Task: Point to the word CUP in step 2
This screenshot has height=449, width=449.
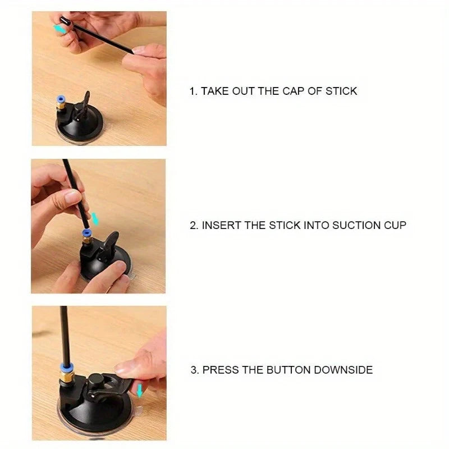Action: tap(395, 226)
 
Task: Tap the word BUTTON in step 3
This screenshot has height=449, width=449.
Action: tap(288, 370)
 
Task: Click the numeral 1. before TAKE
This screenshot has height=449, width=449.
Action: tap(193, 91)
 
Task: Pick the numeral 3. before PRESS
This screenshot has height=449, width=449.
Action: tap(194, 370)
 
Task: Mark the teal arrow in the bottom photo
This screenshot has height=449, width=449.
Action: tap(140, 391)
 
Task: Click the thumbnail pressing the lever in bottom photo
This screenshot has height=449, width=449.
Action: tap(126, 368)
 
